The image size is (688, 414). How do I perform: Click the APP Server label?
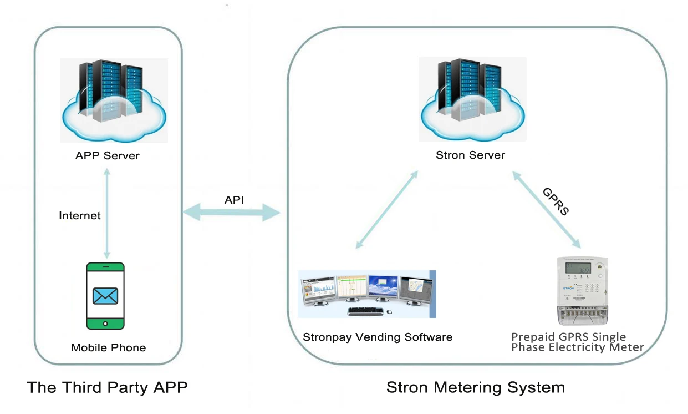pos(107,156)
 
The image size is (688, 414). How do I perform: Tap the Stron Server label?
pos(470,155)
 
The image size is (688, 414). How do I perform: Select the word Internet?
pos(80,215)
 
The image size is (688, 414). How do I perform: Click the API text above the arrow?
pos(234,200)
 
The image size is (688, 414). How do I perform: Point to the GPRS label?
pos(556,201)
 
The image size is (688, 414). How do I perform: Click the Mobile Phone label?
pos(108,348)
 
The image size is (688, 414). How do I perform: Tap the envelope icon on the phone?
pos(105,296)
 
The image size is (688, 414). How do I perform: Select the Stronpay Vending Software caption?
pos(378,337)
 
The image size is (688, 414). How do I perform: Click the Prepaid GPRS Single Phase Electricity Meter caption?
pos(577,342)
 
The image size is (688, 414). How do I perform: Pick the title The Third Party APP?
pos(107,387)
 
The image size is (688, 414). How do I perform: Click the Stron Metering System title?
pos(475,387)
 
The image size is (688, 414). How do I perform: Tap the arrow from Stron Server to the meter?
pos(546,210)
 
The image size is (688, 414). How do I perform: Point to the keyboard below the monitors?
pos(366,311)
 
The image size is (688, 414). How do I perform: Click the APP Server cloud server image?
pos(114,100)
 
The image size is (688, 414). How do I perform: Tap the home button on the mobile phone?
pos(105,323)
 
